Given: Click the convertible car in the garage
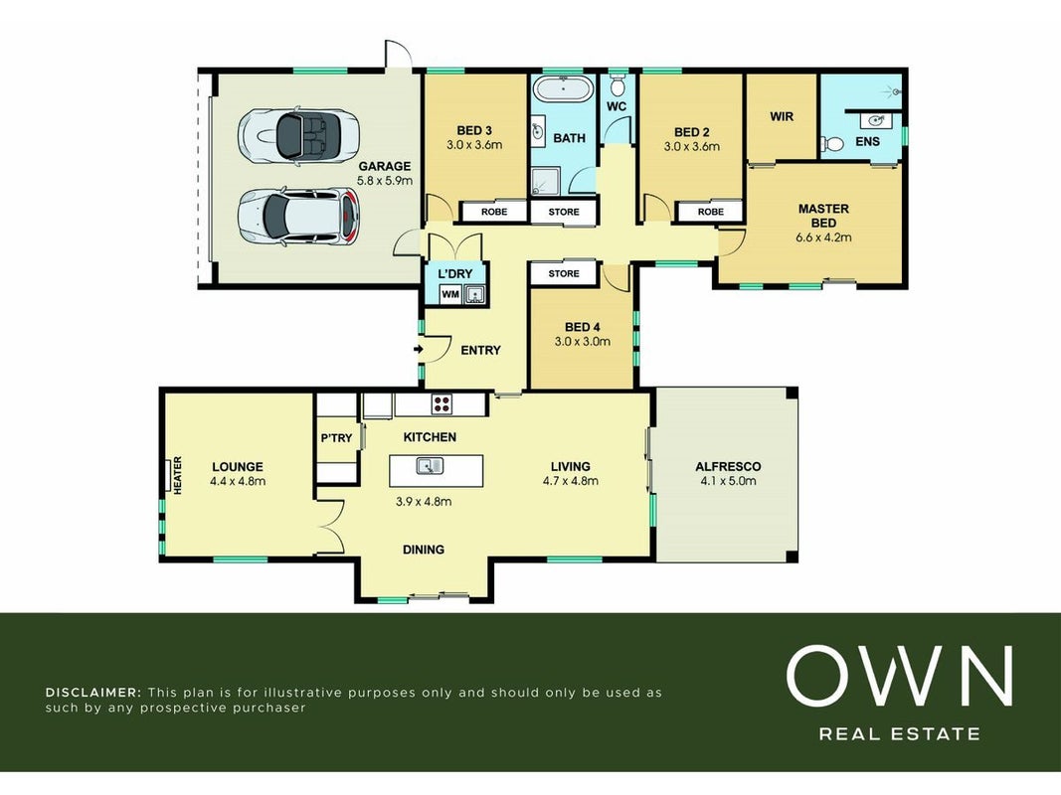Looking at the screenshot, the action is click(x=297, y=134).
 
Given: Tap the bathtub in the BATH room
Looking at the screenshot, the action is click(x=562, y=89).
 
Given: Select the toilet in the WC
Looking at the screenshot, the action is click(x=618, y=85).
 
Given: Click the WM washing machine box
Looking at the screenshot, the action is click(x=450, y=295).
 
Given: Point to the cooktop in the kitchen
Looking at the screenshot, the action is click(x=442, y=404).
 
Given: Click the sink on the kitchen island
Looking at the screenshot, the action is click(x=430, y=466).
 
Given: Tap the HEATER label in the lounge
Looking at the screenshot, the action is click(x=178, y=475).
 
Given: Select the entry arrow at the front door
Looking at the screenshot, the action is click(x=419, y=350).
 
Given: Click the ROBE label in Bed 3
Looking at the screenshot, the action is click(x=494, y=212).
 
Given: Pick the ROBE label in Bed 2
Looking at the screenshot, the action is click(x=711, y=212).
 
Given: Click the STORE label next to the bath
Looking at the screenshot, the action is click(x=564, y=212).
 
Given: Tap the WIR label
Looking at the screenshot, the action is click(x=782, y=116).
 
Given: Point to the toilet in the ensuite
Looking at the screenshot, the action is click(x=831, y=144).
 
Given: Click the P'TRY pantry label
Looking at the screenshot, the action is click(x=336, y=438).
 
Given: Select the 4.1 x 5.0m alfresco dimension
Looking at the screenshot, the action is click(x=728, y=481).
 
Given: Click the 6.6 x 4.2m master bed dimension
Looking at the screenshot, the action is click(x=823, y=238).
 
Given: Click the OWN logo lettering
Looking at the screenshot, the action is click(x=899, y=676).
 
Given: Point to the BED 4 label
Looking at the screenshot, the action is click(x=583, y=327).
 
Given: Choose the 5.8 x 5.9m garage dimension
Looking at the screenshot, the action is click(x=385, y=181).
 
